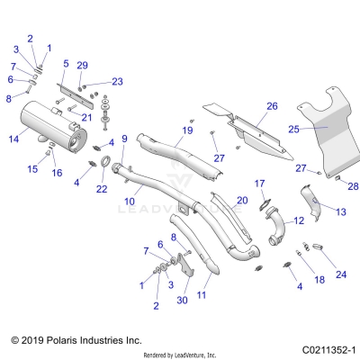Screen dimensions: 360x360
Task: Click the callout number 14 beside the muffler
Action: (13, 139)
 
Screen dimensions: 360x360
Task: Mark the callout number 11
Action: (202, 294)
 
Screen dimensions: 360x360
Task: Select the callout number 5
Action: (66, 64)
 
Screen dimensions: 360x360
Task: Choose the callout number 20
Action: (241, 201)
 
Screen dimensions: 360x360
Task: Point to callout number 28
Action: (353, 185)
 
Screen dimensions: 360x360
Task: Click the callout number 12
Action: (299, 220)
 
